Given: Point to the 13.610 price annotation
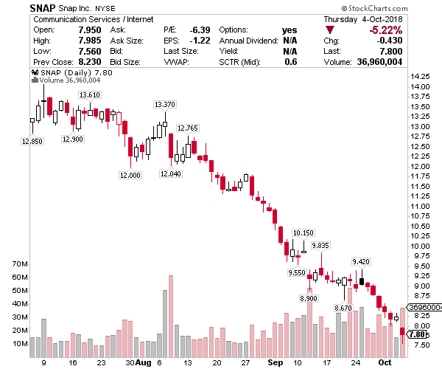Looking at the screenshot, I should [90, 95].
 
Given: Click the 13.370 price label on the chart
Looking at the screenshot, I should [165, 104].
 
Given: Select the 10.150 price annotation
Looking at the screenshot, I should [303, 232].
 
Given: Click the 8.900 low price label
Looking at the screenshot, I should [309, 297].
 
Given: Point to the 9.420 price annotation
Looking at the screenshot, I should [361, 262].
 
